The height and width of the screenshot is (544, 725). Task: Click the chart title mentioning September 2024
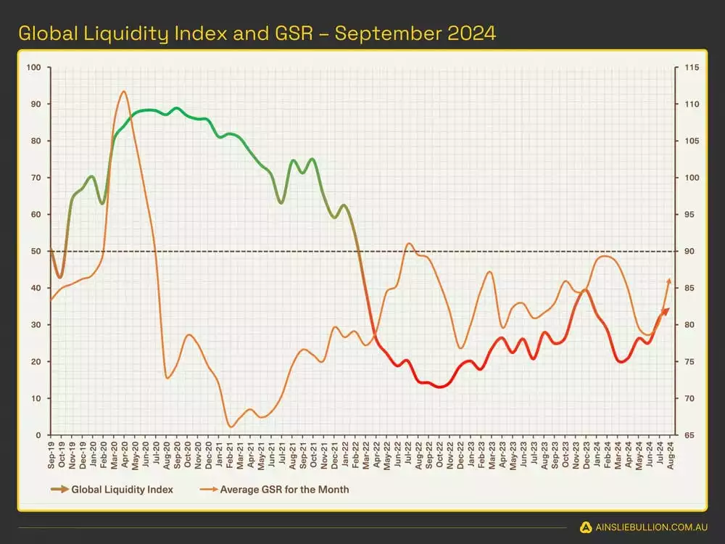tap(257, 33)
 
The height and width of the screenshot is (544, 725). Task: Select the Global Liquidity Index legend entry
tap(122, 490)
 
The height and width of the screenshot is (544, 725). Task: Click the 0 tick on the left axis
tap(39, 435)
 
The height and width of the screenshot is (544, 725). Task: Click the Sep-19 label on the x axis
tap(51, 451)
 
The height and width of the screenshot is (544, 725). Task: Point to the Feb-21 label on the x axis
tap(230, 451)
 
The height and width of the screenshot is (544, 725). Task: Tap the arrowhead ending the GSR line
tap(668, 281)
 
